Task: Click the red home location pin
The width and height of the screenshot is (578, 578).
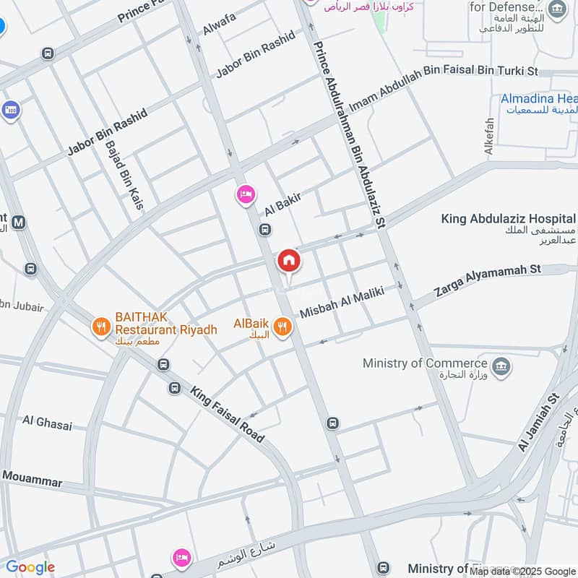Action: pyautogui.click(x=288, y=261)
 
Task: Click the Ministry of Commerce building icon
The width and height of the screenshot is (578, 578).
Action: pyautogui.click(x=501, y=366)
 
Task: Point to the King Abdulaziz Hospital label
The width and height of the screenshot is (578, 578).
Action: pyautogui.click(x=509, y=218)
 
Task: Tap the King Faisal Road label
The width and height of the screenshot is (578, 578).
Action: pyautogui.click(x=227, y=415)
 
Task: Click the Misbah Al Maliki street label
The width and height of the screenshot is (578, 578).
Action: pyautogui.click(x=341, y=301)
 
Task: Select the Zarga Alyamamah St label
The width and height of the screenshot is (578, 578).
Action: pyautogui.click(x=488, y=280)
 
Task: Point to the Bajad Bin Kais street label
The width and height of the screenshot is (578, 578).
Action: pyautogui.click(x=124, y=173)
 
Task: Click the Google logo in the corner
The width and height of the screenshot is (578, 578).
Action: pyautogui.click(x=30, y=567)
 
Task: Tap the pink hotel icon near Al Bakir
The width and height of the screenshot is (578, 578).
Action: pyautogui.click(x=246, y=194)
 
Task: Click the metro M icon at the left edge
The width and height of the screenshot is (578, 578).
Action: pyautogui.click(x=19, y=223)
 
